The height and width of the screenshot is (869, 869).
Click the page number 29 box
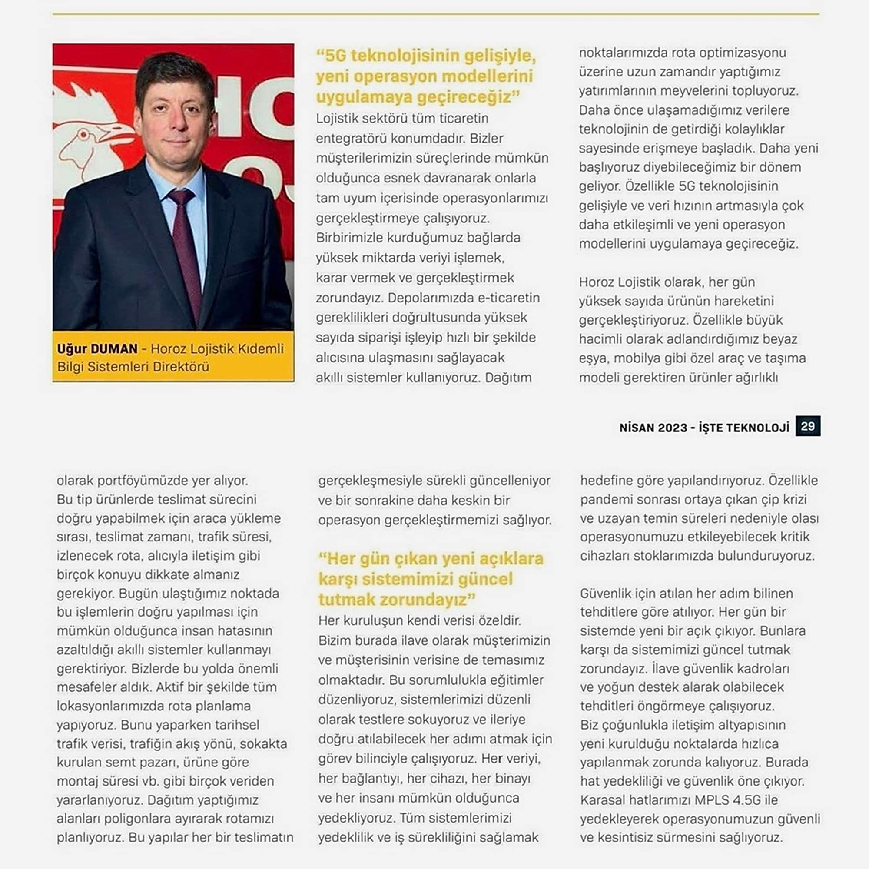(807, 425)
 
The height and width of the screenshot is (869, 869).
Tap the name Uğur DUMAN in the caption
(97, 348)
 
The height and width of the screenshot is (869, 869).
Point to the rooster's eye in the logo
(84, 134)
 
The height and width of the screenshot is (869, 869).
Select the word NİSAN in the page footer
(636, 427)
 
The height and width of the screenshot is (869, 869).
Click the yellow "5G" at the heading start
(335, 56)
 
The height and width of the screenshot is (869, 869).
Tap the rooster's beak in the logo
(118, 132)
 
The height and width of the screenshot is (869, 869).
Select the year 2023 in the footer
(673, 427)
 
